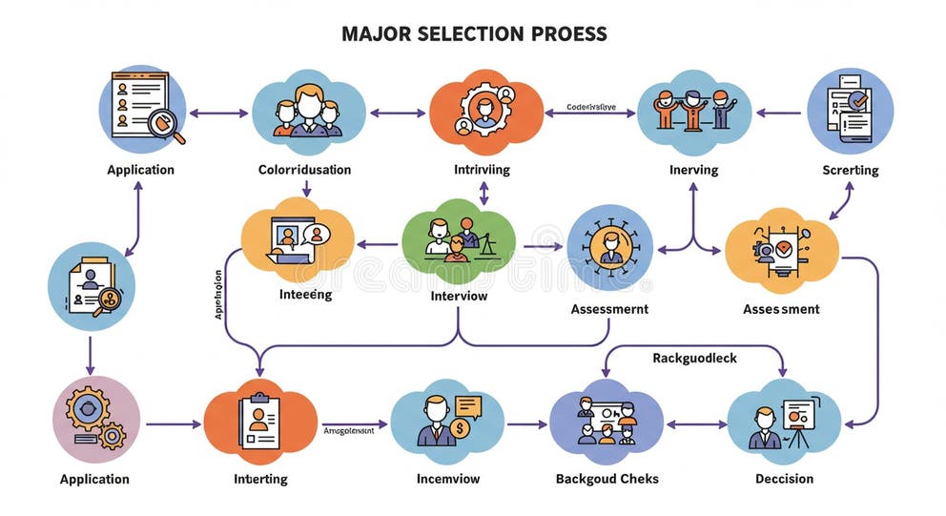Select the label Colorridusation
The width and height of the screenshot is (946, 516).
click(x=304, y=170)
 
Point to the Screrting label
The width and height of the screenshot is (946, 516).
click(x=850, y=170)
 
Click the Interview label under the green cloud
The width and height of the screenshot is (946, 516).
click(x=459, y=296)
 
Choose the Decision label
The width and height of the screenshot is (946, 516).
click(x=784, y=478)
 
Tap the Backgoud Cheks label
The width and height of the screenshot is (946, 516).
click(x=607, y=478)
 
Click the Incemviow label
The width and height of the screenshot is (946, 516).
click(x=447, y=478)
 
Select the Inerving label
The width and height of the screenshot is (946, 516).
click(x=693, y=170)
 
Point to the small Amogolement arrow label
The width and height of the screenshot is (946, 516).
click(x=348, y=430)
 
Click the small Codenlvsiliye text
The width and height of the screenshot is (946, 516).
click(x=590, y=108)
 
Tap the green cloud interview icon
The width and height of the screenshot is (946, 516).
click(x=458, y=237)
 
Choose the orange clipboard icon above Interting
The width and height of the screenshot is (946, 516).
click(x=260, y=421)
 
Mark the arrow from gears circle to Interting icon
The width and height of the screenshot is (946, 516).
click(x=172, y=423)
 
